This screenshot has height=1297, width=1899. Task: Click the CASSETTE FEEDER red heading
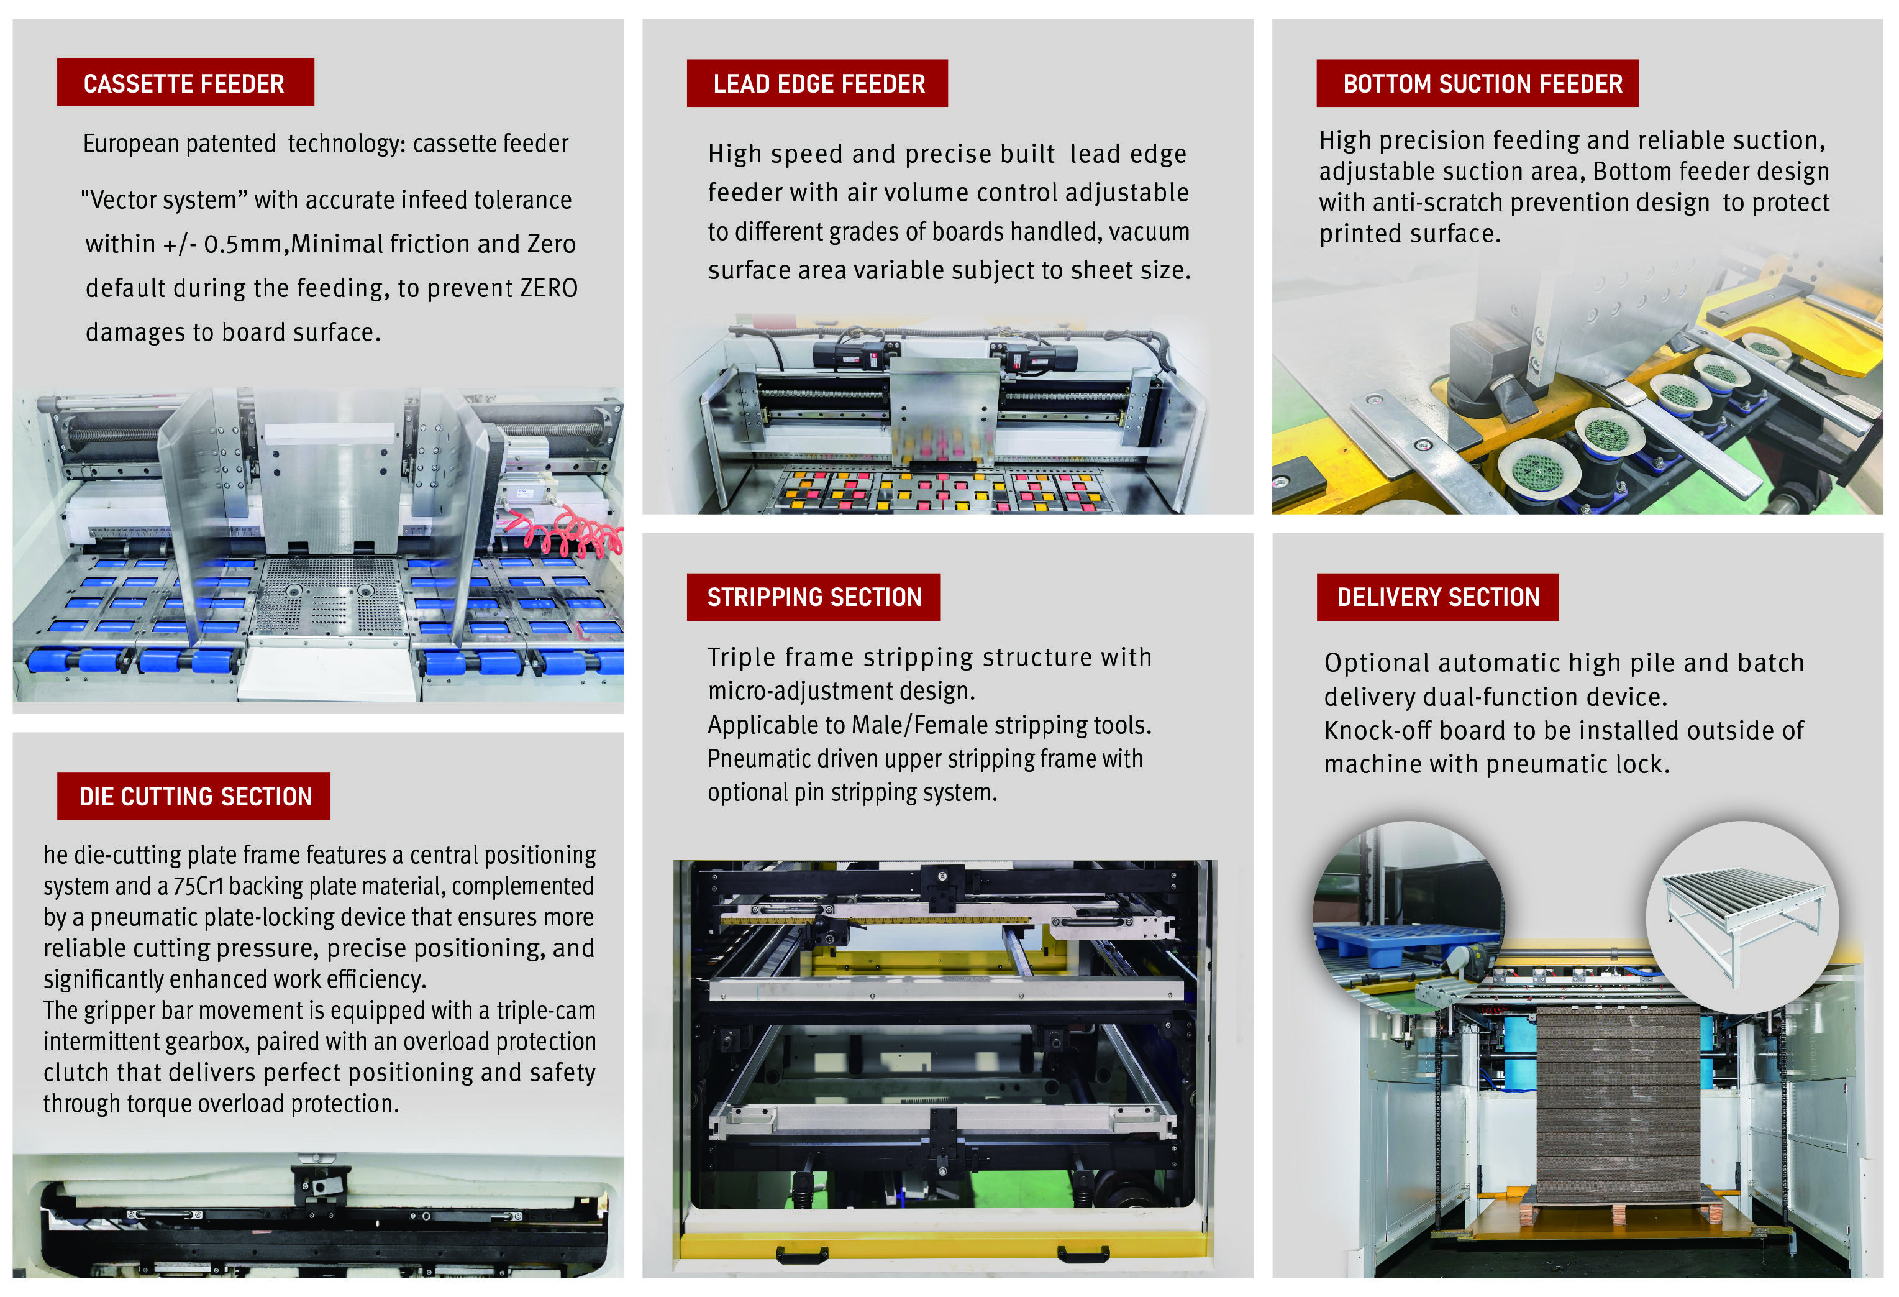point(186,83)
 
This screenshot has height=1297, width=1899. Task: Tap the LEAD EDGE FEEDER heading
point(817,83)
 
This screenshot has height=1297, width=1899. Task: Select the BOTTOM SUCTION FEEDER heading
point(1477,83)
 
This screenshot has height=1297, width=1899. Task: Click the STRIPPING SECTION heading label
point(814,597)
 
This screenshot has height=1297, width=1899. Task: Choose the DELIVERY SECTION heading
point(1437,597)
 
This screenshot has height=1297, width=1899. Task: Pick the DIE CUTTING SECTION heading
point(194,796)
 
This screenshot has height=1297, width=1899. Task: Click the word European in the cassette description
point(130,144)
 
